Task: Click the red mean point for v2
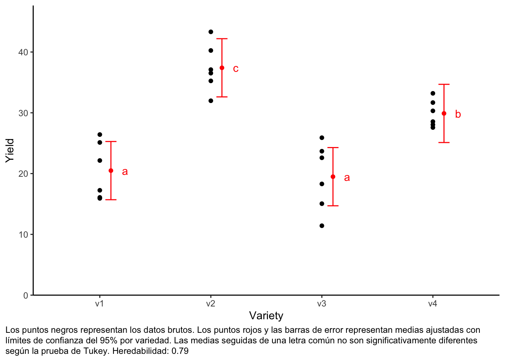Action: pyautogui.click(x=222, y=68)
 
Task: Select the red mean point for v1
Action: pyautogui.click(x=111, y=171)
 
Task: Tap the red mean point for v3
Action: pyautogui.click(x=333, y=177)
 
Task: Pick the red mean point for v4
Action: pyautogui.click(x=444, y=114)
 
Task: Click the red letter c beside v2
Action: pyautogui.click(x=236, y=69)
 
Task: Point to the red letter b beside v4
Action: pyautogui.click(x=458, y=114)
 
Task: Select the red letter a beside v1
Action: pyautogui.click(x=125, y=172)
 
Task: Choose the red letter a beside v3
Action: pyautogui.click(x=347, y=178)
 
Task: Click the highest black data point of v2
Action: pyautogui.click(x=211, y=32)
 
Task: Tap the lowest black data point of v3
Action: pyautogui.click(x=322, y=226)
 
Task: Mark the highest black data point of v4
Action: pyautogui.click(x=433, y=93)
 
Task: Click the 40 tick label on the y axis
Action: pyautogui.click(x=23, y=52)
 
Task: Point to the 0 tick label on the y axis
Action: pyautogui.click(x=26, y=296)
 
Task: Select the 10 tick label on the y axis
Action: pyautogui.click(x=23, y=235)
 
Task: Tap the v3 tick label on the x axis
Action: pyautogui.click(x=322, y=304)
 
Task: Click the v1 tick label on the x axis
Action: pyautogui.click(x=99, y=304)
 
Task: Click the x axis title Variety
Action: pyautogui.click(x=266, y=316)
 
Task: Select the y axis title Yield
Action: pyautogui.click(x=10, y=150)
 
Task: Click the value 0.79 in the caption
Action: pyautogui.click(x=180, y=351)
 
